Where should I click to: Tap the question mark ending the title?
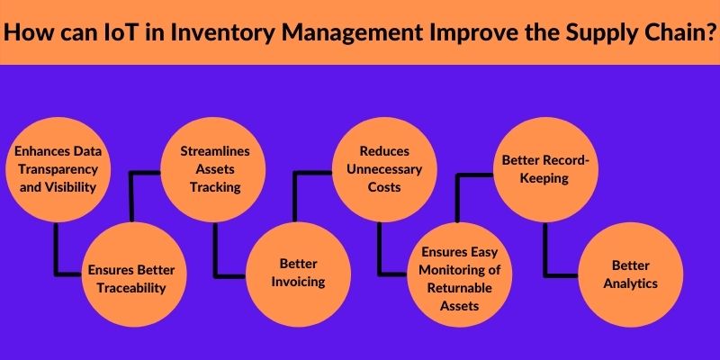706,31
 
